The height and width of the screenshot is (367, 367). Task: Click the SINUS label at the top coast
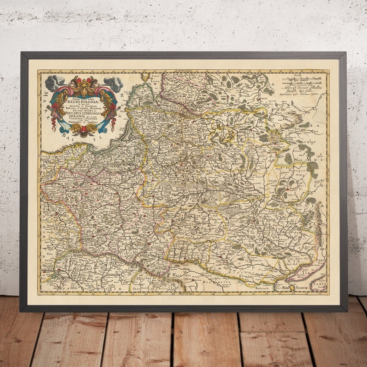(157, 76)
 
